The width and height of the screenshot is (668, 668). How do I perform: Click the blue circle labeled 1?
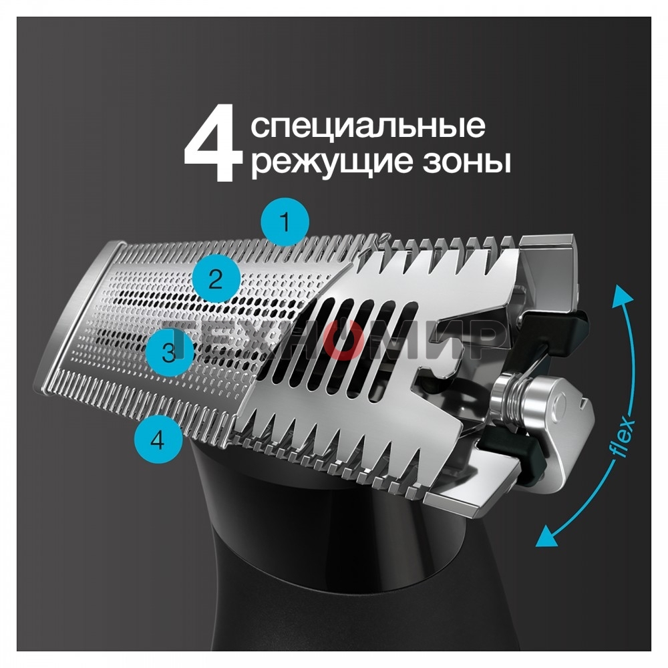tap(285, 222)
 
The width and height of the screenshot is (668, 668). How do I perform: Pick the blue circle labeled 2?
tap(215, 279)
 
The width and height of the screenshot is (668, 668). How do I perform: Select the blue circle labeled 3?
tap(169, 353)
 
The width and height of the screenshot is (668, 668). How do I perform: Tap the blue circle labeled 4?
tap(158, 439)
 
